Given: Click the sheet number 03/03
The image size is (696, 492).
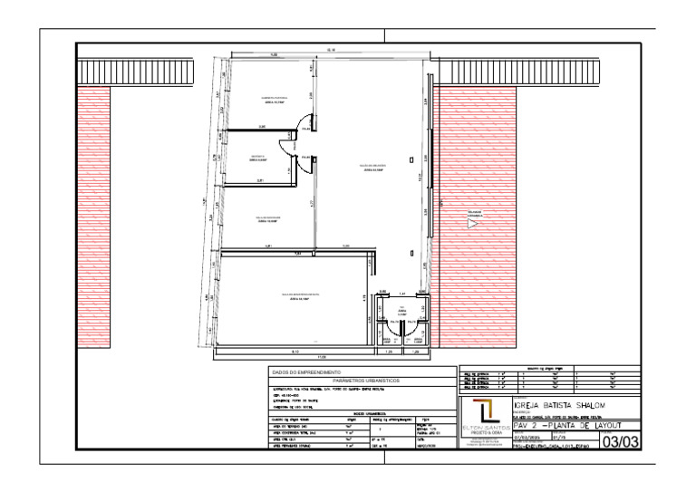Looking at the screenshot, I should coord(617,442).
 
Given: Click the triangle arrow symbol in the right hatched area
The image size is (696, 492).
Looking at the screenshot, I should coord(472,222).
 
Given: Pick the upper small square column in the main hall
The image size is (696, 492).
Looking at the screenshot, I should coord(411,159).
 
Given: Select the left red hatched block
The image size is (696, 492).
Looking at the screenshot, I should coord(92,217).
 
